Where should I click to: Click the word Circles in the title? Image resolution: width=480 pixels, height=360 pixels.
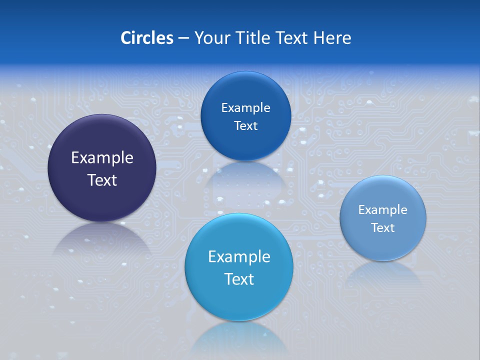point(146,38)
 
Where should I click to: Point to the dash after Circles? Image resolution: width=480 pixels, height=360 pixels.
point(183,38)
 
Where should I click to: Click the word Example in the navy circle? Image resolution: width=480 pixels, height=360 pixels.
point(102,158)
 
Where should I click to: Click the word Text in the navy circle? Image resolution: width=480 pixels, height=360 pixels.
point(102,180)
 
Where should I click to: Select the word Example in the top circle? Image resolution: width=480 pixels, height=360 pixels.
point(245,108)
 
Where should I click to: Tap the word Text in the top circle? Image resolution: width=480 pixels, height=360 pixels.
point(245,126)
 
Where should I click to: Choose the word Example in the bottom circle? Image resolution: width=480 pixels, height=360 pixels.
point(239,257)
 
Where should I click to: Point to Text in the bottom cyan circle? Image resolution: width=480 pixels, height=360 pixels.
point(239,279)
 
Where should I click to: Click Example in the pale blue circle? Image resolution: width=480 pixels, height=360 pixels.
point(383,210)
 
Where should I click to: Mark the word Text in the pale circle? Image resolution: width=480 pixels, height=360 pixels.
point(383,228)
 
